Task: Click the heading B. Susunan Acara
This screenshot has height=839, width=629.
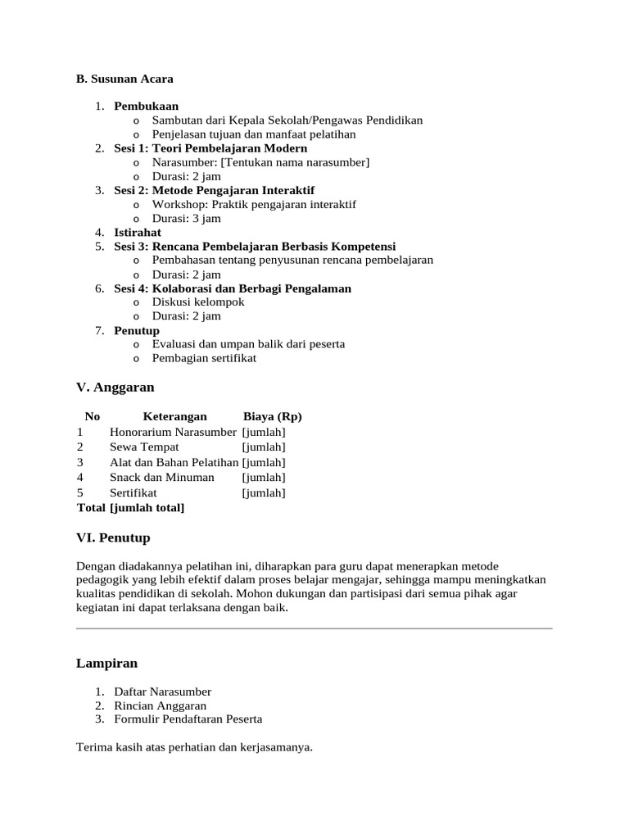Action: (124, 79)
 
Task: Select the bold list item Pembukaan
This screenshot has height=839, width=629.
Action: (146, 106)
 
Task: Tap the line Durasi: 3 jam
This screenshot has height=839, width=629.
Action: (186, 219)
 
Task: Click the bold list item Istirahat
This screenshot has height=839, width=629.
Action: (138, 233)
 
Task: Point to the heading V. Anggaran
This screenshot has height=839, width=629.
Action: (115, 387)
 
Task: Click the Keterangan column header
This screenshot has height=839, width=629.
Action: (174, 416)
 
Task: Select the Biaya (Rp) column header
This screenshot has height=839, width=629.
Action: (273, 416)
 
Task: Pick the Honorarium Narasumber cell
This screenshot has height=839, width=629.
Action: (173, 432)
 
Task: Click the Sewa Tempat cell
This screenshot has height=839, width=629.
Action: (144, 447)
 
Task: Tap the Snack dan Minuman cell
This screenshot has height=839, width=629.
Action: (162, 477)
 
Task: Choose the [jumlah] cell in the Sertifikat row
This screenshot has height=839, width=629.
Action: (264, 492)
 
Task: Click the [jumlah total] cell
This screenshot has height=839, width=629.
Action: (147, 508)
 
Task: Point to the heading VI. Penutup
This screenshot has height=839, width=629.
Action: (113, 537)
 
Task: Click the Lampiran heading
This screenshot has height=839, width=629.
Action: (106, 663)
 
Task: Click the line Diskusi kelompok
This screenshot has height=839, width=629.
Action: (198, 302)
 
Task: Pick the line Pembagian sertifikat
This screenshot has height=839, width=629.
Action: (204, 358)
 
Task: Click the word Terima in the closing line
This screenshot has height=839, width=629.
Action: (92, 747)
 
